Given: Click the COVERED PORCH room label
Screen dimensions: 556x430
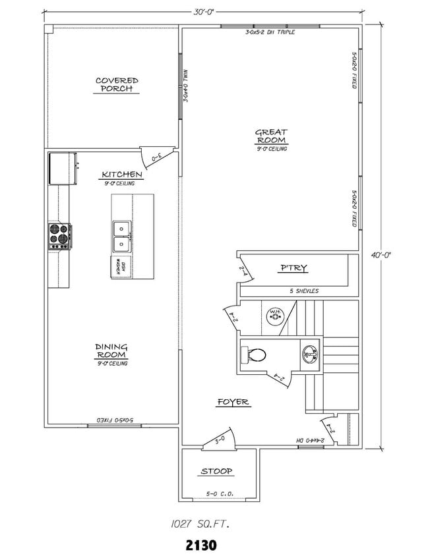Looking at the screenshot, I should pyautogui.click(x=117, y=85).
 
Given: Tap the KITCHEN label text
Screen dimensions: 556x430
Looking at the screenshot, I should pyautogui.click(x=122, y=175).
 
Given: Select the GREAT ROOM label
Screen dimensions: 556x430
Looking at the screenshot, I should pyautogui.click(x=271, y=136).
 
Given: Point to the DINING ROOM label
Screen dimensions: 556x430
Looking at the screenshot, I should pyautogui.click(x=111, y=351).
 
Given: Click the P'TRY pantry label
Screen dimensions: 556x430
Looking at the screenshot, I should pyautogui.click(x=294, y=268).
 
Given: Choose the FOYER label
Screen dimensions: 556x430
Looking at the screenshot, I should pyautogui.click(x=233, y=402).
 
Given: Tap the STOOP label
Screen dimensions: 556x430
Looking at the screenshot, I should pyautogui.click(x=216, y=472).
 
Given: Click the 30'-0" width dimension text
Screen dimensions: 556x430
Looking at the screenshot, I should pyautogui.click(x=204, y=11).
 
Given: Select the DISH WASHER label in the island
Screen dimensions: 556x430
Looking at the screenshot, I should pyautogui.click(x=120, y=265).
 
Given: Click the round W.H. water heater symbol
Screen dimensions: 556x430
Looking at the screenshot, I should pyautogui.click(x=275, y=316).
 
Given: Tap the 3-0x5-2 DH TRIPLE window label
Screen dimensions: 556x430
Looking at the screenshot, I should pyautogui.click(x=270, y=32).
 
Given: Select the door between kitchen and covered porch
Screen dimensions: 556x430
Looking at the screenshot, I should pyautogui.click(x=157, y=157).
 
